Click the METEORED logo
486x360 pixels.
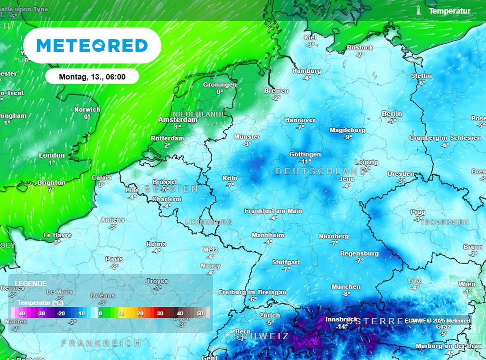92,46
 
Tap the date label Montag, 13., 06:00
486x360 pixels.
92,76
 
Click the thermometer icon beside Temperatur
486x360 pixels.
419,10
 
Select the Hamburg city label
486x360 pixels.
307,71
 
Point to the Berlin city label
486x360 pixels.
392,114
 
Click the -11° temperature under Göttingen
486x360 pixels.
307,161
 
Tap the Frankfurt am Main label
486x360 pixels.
273,210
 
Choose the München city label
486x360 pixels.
346,286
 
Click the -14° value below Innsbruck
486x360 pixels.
341,326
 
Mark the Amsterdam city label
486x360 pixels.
178,120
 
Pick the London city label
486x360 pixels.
52,155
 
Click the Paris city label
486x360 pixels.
114,259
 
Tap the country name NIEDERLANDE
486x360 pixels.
199,114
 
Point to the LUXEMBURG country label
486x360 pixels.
209,222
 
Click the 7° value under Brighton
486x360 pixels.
51,189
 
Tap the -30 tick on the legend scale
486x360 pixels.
41,314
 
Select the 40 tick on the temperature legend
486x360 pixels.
180,314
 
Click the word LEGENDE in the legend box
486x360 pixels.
30,283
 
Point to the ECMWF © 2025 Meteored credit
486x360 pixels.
437,321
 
